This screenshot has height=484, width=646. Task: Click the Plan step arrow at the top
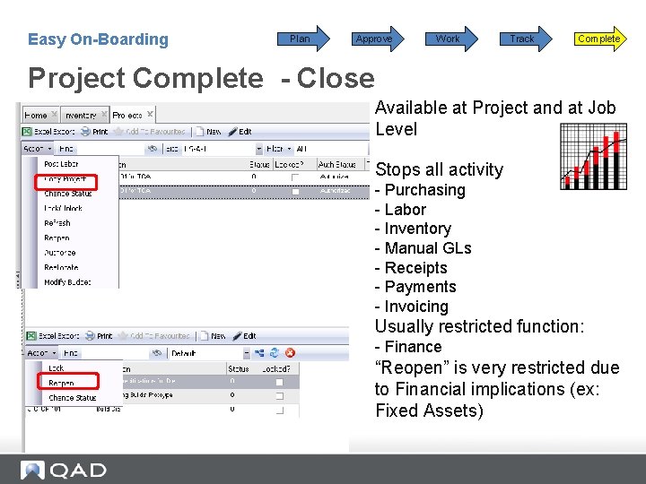coord(301,39)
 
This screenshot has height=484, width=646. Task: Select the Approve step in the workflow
coord(374,39)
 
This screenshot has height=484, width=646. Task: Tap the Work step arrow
coord(448,39)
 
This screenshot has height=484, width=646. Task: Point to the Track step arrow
coord(522,39)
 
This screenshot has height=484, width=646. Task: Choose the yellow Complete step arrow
coord(598,39)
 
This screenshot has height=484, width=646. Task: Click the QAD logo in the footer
coord(65,470)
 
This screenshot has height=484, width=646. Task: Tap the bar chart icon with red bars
coord(593,156)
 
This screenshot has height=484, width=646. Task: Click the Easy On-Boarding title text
coord(98,39)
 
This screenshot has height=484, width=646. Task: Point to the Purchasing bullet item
coord(420,190)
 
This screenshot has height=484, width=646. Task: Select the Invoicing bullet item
coord(411,307)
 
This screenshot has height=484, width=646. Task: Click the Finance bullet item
coord(408,347)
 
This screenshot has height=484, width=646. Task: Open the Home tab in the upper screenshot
coord(37,115)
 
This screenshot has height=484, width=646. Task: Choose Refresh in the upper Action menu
coord(57,223)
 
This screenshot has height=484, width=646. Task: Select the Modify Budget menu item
coord(67,282)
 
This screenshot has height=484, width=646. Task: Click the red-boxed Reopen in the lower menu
coord(62,383)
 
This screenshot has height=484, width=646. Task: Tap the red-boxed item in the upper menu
coord(64,179)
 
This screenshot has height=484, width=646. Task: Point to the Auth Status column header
coord(338,164)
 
